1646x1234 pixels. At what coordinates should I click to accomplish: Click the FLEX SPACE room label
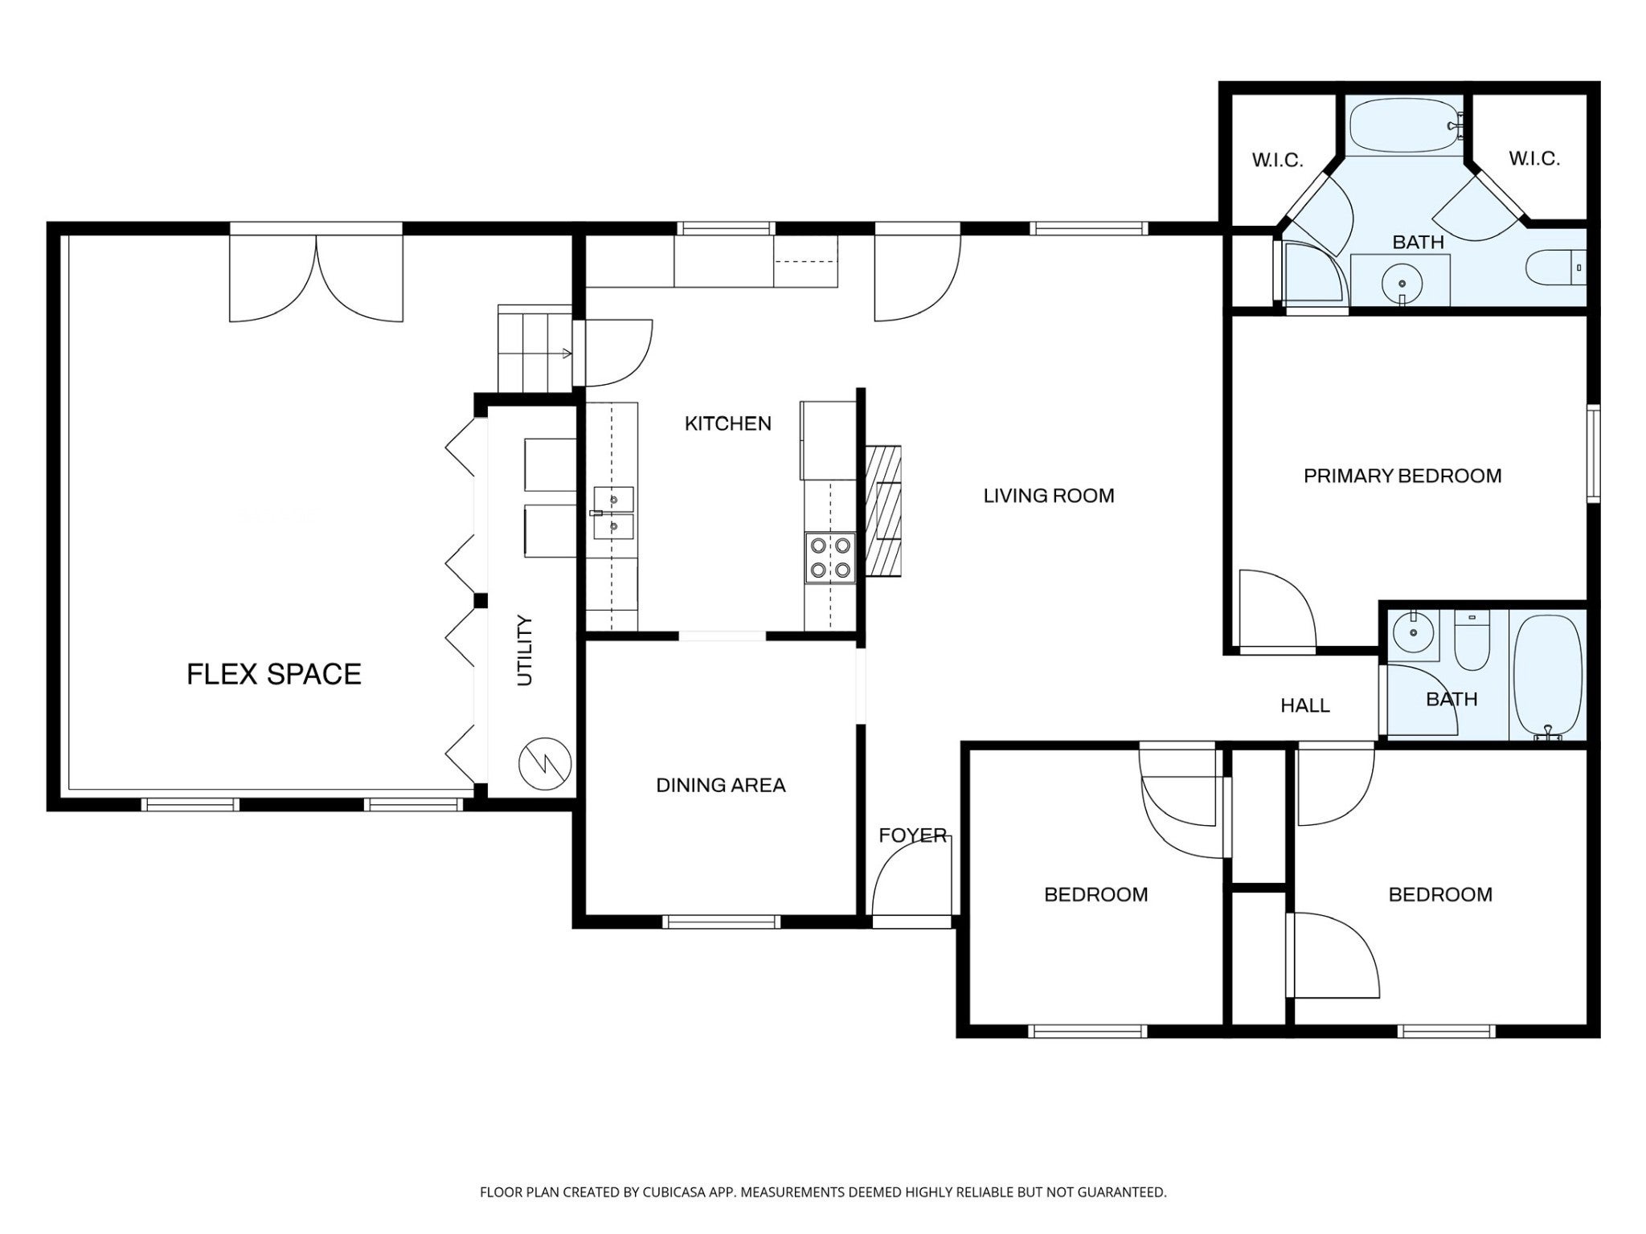(274, 674)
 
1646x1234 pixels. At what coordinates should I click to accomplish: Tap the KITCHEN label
(727, 423)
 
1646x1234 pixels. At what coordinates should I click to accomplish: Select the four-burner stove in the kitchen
(830, 558)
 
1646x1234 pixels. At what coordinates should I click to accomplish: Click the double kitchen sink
(613, 513)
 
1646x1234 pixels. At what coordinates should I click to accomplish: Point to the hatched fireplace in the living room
(883, 511)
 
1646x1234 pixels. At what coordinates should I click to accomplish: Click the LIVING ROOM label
(1049, 496)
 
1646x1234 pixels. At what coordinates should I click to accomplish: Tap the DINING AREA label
(720, 785)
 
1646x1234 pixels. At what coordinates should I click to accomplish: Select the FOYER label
(912, 835)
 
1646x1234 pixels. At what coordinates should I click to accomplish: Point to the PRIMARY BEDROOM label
(1402, 476)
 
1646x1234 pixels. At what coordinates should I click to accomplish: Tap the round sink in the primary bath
(1402, 284)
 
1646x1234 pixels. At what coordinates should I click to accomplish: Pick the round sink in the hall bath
(1414, 632)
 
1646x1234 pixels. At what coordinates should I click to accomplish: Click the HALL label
(1305, 705)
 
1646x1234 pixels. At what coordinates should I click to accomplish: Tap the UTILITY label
(525, 650)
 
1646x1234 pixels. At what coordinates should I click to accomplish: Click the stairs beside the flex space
(534, 349)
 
